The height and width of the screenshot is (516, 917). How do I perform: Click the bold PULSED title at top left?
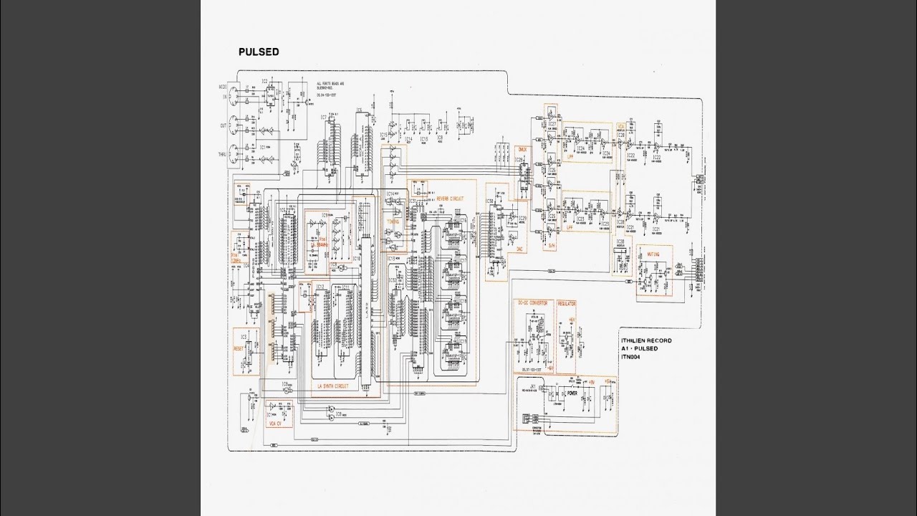(x=259, y=52)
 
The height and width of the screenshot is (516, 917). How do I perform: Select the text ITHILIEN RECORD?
(x=647, y=341)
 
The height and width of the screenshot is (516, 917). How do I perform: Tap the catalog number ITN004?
(x=631, y=356)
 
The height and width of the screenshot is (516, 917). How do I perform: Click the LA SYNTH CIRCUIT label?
(x=333, y=386)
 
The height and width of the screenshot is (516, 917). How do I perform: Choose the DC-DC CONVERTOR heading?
(x=532, y=303)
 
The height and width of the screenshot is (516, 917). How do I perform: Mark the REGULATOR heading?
(x=566, y=303)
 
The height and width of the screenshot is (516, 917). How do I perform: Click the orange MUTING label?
(x=653, y=254)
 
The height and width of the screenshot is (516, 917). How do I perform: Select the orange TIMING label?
(x=393, y=222)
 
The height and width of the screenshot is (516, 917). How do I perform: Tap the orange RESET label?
(x=239, y=348)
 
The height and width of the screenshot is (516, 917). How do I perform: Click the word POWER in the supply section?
(x=572, y=393)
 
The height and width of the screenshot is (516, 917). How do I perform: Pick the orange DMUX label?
(x=522, y=149)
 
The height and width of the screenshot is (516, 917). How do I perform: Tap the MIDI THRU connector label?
(x=222, y=154)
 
